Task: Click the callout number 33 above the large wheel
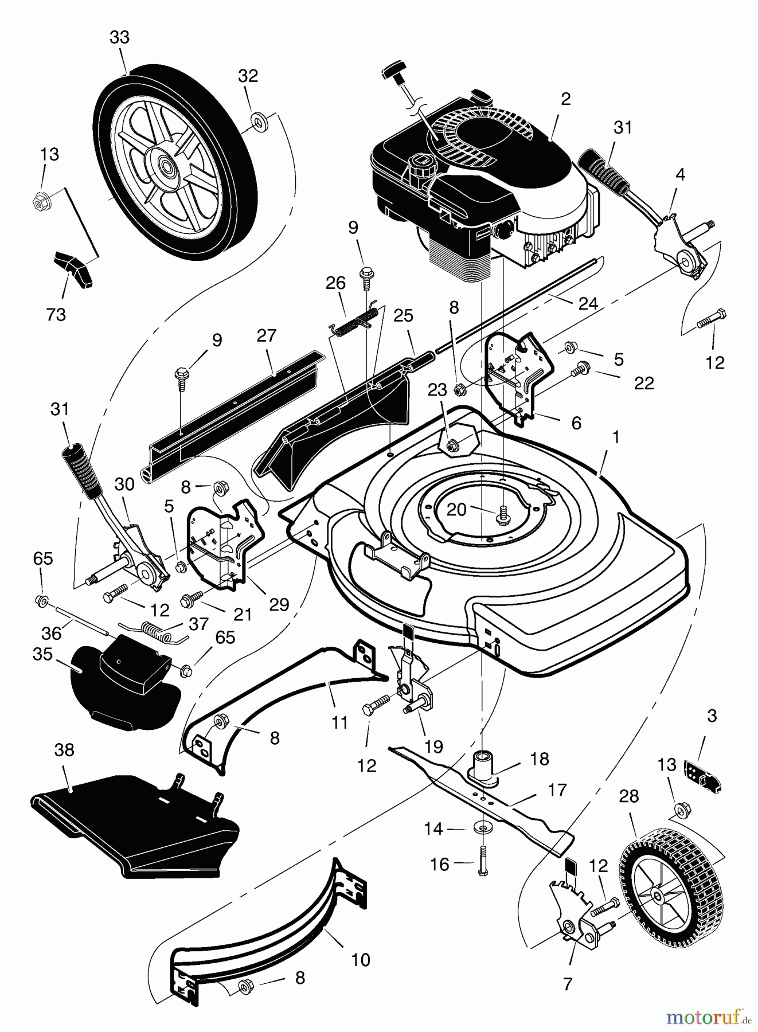pyautogui.click(x=119, y=38)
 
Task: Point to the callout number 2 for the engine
pyautogui.click(x=565, y=99)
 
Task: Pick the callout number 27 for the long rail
pyautogui.click(x=267, y=335)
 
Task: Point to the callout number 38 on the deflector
pyautogui.click(x=64, y=750)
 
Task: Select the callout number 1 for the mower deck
pyautogui.click(x=616, y=437)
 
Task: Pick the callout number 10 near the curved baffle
pyautogui.click(x=361, y=960)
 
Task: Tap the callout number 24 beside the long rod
pyautogui.click(x=588, y=304)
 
